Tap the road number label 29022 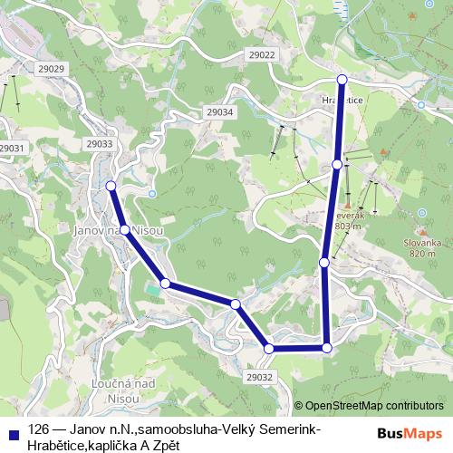261,55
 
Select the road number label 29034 219,111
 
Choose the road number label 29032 259,376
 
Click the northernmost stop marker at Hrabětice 342,80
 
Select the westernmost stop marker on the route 111,186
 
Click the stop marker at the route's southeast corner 327,347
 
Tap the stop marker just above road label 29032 269,348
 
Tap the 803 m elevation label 347,226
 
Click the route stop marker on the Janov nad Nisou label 126,230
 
